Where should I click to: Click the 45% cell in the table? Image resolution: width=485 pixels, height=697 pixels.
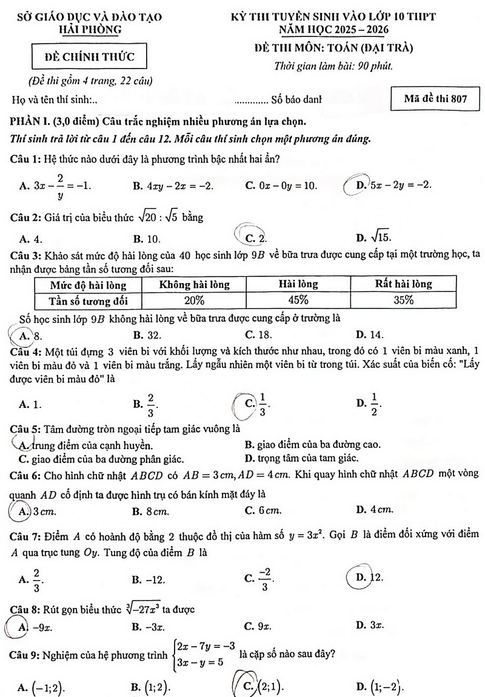tap(298, 300)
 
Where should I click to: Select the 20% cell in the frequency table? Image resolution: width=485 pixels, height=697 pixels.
tap(194, 300)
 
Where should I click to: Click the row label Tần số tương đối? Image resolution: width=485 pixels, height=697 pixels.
tap(88, 300)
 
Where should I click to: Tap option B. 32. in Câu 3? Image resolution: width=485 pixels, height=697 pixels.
tap(147, 335)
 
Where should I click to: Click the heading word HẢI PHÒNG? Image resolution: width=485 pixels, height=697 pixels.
tap(90, 30)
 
